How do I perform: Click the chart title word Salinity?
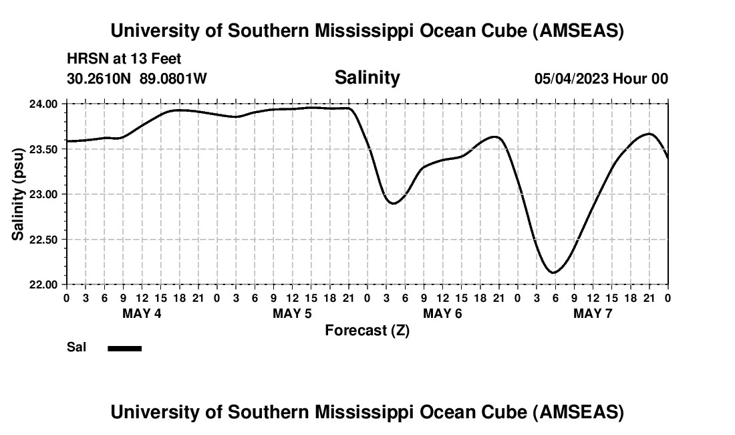coord(367,78)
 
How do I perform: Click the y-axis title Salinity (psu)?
coord(19,194)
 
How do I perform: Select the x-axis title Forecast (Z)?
coord(367,330)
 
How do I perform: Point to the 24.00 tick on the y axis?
coord(43,104)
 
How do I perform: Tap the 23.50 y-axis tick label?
coord(43,149)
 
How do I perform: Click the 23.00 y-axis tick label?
coord(43,194)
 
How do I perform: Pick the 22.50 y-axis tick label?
coord(43,240)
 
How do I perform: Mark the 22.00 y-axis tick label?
coord(43,284)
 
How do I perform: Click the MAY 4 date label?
coord(142,313)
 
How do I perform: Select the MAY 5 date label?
coord(292,313)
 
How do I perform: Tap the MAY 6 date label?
coord(442,313)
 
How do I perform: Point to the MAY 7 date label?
coord(593,313)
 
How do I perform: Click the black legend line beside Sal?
coord(124,348)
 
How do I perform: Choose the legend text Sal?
coord(76,347)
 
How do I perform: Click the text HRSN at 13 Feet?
coord(124,60)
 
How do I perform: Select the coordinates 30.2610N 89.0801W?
coord(137,78)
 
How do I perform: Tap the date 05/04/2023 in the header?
coord(571,78)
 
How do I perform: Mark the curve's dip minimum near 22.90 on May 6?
coord(394,203)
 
